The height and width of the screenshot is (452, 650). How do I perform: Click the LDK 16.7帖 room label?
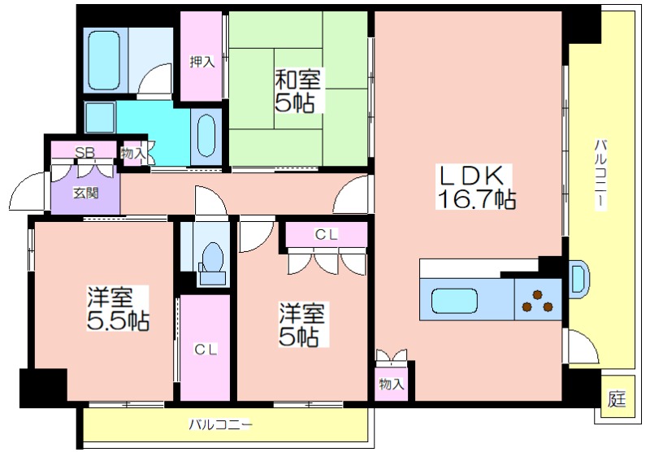pos(476,187)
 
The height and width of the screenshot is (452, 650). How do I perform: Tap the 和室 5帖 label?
pos(297,91)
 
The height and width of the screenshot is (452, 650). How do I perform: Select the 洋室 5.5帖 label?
pos(118,308)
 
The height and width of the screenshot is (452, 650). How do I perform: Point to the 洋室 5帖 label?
pos(302,324)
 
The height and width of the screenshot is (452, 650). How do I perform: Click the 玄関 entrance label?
pos(86,193)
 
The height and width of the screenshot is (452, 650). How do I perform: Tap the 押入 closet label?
pos(201,62)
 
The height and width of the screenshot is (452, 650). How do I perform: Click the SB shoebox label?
pos(84,152)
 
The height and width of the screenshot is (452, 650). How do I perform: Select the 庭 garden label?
pos(617,398)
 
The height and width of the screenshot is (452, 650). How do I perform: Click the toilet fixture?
pos(212,263)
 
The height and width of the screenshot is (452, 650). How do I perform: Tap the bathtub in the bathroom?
pos(105,60)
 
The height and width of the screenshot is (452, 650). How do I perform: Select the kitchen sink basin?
pos(454,301)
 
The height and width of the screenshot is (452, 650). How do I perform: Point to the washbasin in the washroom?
pos(206,135)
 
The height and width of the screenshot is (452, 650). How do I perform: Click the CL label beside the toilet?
pos(206,350)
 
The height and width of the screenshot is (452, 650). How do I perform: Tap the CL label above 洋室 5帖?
pos(326,234)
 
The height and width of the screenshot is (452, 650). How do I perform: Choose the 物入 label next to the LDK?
pos(391,385)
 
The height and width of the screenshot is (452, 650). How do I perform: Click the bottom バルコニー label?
pos(220,424)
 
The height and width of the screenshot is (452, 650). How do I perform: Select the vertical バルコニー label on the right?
pos(600,175)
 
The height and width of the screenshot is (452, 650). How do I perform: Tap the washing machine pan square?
pos(100,117)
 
